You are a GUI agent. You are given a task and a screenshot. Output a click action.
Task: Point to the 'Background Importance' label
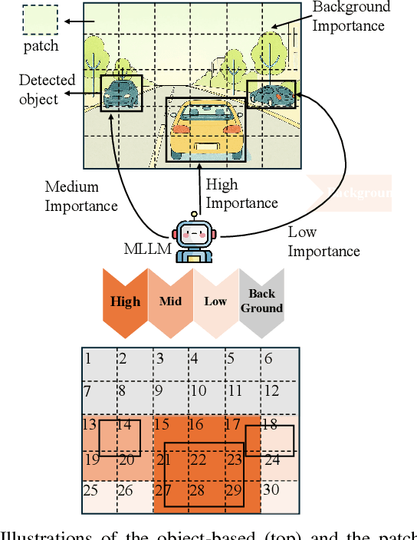point(351,16)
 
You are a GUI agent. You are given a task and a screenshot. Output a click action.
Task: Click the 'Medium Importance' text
point(80,196)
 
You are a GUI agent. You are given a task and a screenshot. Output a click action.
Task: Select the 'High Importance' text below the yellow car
point(241,193)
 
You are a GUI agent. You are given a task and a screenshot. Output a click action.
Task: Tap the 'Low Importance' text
point(323,242)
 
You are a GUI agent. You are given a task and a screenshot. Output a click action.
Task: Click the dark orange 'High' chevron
point(124,301)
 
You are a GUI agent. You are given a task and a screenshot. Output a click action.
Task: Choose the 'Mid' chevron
point(170,301)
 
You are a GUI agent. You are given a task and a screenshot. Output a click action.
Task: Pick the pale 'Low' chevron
point(215,301)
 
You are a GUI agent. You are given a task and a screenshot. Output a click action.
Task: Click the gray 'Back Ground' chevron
point(261,301)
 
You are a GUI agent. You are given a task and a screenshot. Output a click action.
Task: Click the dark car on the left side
point(121,93)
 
